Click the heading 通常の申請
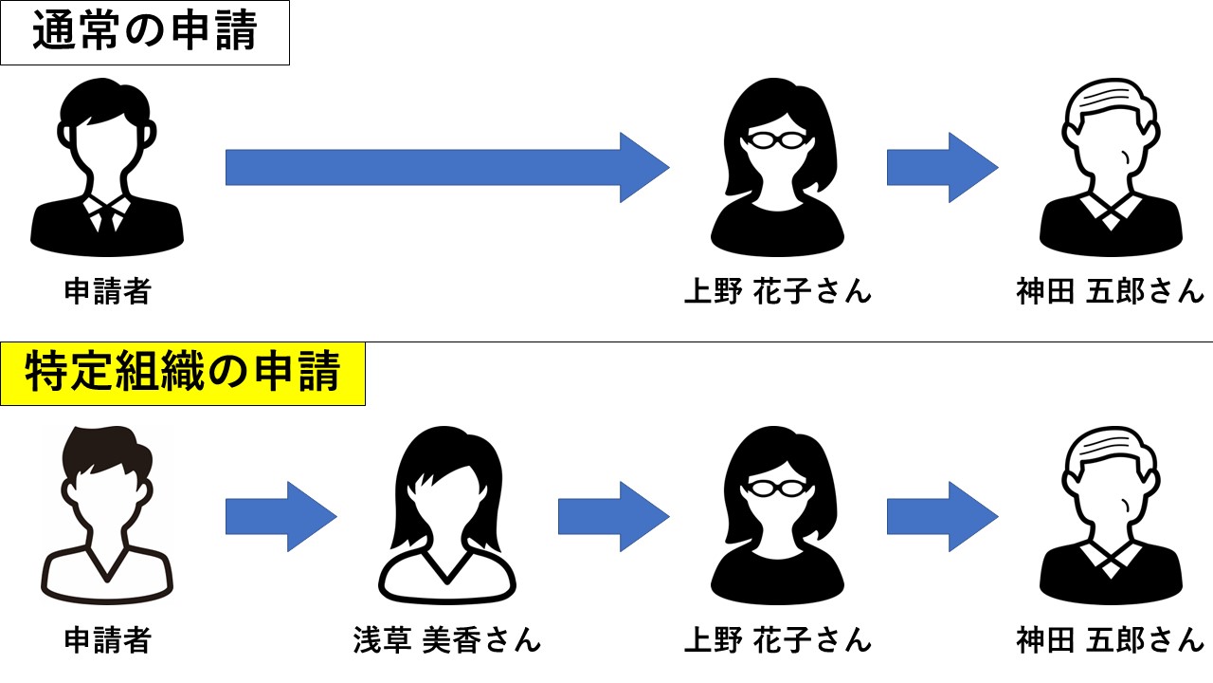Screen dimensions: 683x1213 click(144, 32)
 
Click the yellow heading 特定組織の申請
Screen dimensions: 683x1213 click(182, 373)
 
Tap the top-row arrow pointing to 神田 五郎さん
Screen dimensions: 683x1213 click(942, 168)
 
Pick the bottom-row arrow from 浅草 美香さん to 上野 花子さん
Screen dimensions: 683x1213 click(613, 516)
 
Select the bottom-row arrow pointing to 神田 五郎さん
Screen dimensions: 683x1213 click(942, 516)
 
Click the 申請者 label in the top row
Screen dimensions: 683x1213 click(107, 291)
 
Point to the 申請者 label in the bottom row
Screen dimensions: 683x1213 click(107, 640)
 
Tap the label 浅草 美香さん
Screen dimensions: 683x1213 click(446, 640)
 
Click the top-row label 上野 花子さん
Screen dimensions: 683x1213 click(777, 291)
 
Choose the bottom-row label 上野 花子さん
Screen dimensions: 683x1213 click(777, 640)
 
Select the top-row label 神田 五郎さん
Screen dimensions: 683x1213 click(1110, 291)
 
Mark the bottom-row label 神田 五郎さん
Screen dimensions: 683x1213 click(1110, 640)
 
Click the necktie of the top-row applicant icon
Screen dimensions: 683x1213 click(107, 220)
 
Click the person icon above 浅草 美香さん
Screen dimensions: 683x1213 click(446, 516)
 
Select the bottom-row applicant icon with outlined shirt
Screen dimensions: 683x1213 click(107, 516)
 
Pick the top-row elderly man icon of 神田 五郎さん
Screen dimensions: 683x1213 click(1110, 168)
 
